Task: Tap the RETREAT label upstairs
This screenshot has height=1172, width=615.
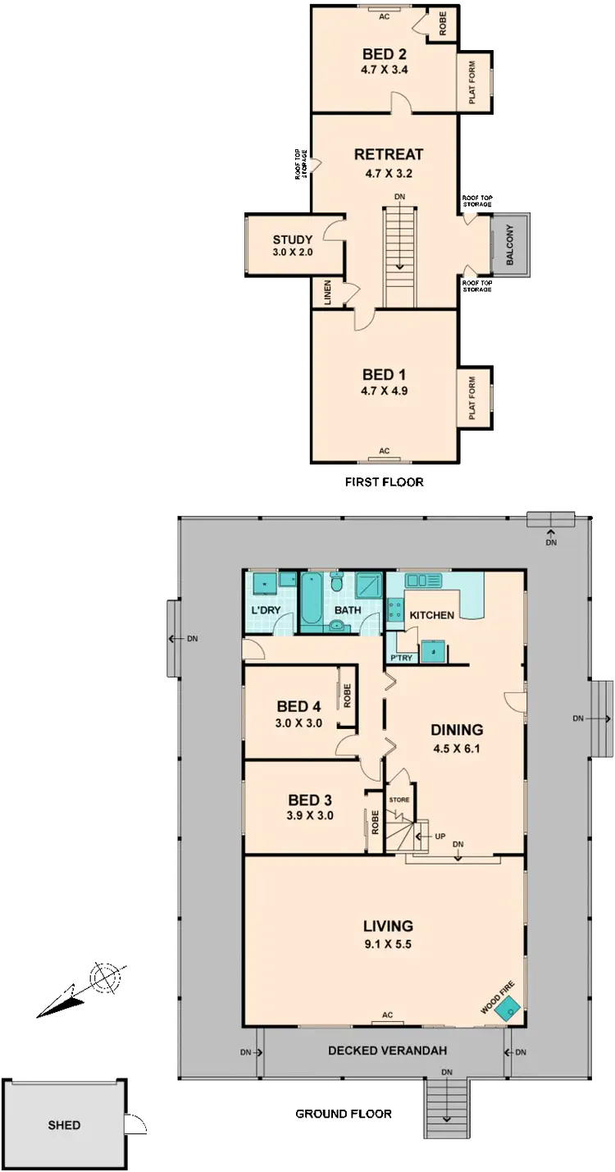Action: pos(388,154)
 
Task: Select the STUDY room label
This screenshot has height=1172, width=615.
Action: pos(293,239)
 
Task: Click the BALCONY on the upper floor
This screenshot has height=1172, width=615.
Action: pos(510,244)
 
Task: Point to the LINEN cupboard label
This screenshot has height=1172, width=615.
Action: pos(326,293)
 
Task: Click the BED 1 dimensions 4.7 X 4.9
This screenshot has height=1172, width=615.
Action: pos(384,391)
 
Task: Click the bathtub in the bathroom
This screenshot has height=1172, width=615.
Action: pos(314,603)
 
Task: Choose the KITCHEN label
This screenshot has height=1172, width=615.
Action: pos(431,616)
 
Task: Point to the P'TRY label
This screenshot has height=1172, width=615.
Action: pos(401,658)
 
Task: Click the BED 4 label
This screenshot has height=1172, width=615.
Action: pos(298,706)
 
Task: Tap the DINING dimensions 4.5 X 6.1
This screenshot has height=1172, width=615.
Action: pos(457,747)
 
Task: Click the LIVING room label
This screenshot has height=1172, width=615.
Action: pos(387,927)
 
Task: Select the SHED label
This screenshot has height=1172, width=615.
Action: pos(63,1125)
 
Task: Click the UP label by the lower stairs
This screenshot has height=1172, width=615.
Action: pos(440,837)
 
